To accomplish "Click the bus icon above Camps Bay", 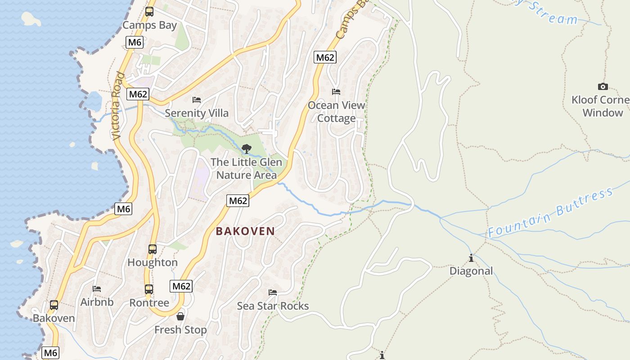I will point(149,12).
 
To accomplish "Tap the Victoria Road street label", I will point(118,106).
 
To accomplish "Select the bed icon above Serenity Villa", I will point(196,99).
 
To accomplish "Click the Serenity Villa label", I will point(197,113).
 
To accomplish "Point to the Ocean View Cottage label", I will point(337,112).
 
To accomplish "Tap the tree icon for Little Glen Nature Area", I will point(246,148).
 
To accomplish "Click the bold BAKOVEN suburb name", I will point(245,231).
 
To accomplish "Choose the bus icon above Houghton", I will point(153,249).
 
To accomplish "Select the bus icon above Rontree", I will point(149,289).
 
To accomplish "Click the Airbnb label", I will point(97,302).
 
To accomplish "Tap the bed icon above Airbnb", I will point(97,289).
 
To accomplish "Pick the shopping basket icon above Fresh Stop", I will point(180,316).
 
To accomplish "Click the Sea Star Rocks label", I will point(273,306).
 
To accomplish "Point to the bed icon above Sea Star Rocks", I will point(273,292).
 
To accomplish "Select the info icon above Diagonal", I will point(471,258).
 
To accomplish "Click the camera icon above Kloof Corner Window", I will point(603,86).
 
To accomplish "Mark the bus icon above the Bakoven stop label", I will point(54,305).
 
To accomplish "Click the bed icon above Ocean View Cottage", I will point(336,92).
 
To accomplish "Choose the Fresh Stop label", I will point(180,330).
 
